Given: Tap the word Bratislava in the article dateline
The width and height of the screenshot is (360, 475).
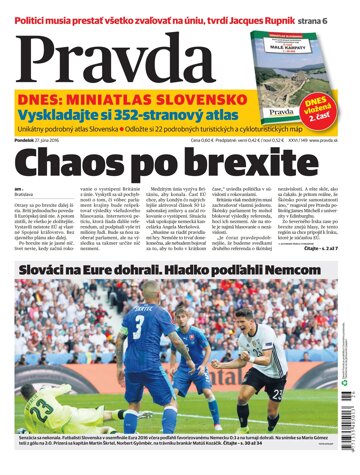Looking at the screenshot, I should tap(27, 196).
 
